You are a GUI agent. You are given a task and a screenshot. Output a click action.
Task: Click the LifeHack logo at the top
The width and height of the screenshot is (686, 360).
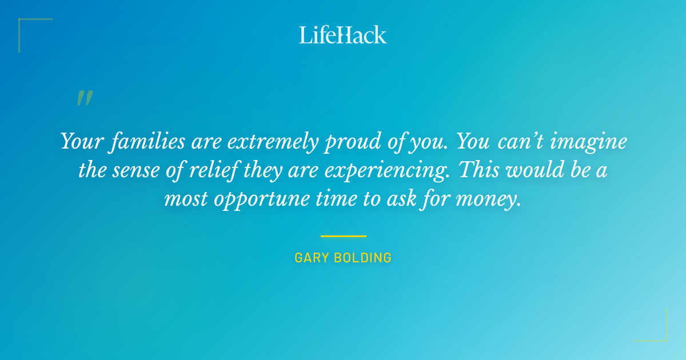click(343, 35)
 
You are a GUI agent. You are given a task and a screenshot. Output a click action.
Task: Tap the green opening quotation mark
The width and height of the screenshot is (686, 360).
click(84, 99)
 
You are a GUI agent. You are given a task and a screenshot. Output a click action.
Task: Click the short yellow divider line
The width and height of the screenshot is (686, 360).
click(343, 236)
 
